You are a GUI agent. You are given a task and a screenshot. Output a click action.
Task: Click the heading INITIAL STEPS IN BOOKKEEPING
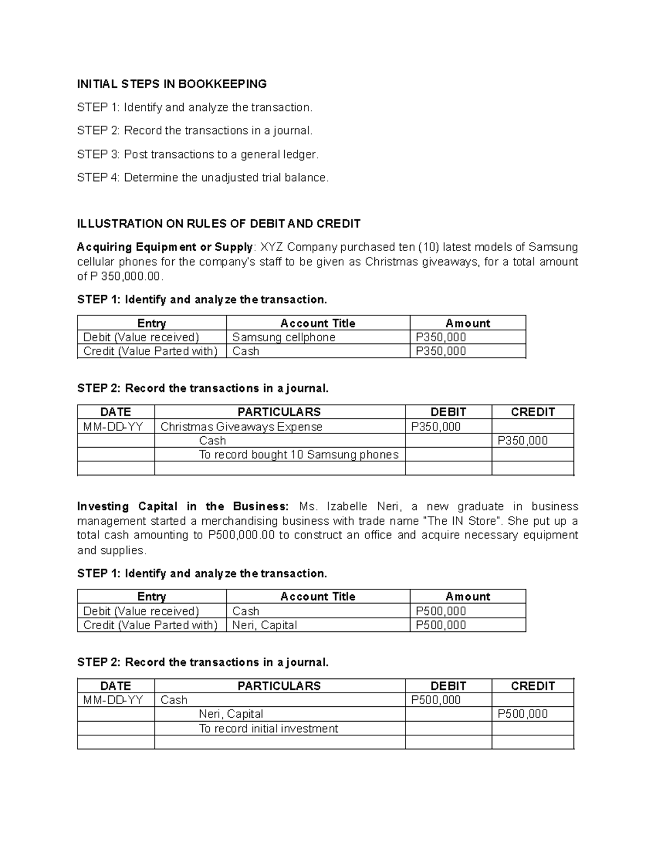(172, 84)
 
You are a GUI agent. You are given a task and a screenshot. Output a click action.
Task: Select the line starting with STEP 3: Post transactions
(197, 154)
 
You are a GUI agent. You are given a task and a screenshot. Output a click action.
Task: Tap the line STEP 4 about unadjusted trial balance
(203, 178)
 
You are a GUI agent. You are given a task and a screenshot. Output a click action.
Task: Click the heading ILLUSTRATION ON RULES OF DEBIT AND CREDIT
(219, 224)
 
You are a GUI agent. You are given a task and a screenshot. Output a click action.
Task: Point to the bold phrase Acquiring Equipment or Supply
(165, 247)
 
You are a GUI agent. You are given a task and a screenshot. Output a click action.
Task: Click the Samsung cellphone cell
(284, 337)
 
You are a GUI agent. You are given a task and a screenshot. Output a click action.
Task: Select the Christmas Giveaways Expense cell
(241, 426)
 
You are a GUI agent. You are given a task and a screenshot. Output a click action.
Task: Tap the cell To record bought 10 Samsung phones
(298, 454)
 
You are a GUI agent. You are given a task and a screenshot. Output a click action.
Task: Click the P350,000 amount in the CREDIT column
(522, 441)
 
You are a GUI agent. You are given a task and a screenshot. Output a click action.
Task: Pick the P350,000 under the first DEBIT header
(436, 426)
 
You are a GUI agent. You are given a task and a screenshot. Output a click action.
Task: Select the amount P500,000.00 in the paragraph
(241, 535)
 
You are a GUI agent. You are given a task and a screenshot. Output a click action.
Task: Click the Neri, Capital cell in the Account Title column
(265, 625)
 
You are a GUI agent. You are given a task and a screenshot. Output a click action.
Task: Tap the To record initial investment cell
(268, 728)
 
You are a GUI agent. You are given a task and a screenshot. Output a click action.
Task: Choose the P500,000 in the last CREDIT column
(522, 714)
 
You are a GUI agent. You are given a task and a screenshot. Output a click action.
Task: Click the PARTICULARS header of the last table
(279, 686)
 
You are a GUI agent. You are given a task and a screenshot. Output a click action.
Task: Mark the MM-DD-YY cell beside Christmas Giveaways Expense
(113, 426)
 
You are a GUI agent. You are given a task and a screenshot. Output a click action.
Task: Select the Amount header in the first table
(467, 323)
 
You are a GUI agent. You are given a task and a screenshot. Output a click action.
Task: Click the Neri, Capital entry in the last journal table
(231, 714)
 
